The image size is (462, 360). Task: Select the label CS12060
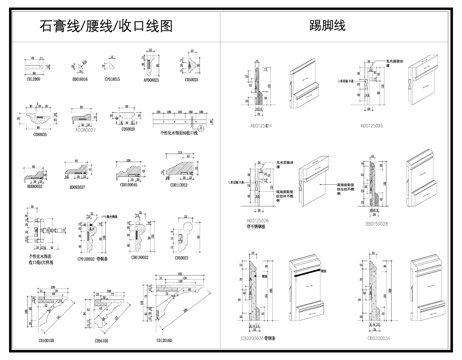(32, 78)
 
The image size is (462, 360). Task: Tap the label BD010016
(79, 78)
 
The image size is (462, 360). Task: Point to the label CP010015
(112, 78)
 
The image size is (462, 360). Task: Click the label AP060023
(152, 78)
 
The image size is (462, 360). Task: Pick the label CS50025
(191, 78)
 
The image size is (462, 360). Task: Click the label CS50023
(181, 259)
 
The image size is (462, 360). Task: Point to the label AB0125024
(261, 128)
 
